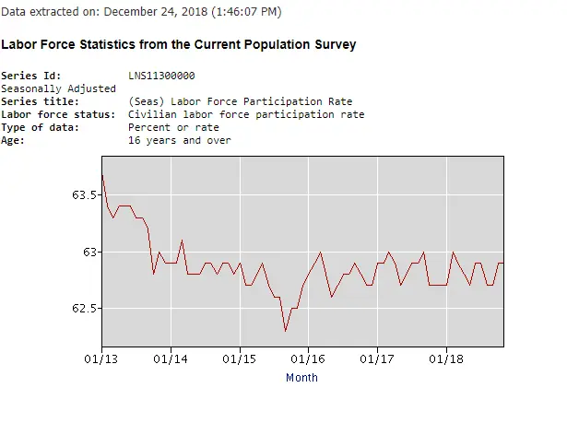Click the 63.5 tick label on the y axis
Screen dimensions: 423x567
click(x=84, y=194)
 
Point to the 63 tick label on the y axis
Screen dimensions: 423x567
click(x=89, y=252)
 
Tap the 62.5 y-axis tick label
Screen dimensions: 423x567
click(x=84, y=309)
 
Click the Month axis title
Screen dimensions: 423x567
click(x=301, y=377)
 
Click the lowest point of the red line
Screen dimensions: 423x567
click(x=286, y=330)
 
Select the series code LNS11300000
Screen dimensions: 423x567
click(x=161, y=76)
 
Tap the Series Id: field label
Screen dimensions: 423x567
click(x=31, y=76)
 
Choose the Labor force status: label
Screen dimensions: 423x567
click(x=59, y=114)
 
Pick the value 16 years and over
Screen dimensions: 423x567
click(x=180, y=140)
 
